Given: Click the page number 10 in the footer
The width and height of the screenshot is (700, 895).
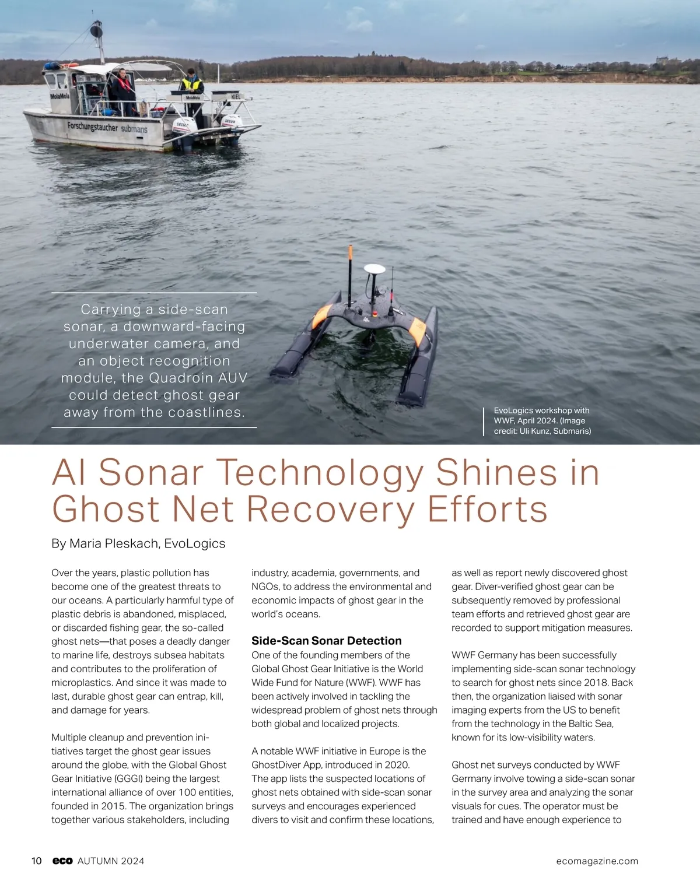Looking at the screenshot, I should [x=36, y=861].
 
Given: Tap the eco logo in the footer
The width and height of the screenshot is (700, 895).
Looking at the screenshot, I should [x=62, y=861].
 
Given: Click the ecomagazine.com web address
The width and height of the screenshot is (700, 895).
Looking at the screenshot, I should [x=597, y=861].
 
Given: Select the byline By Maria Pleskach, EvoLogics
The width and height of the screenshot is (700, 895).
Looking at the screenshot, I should [x=138, y=543].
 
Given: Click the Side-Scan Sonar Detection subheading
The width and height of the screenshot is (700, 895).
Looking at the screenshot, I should [x=326, y=640].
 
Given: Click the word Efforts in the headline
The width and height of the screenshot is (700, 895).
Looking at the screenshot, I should [x=487, y=508].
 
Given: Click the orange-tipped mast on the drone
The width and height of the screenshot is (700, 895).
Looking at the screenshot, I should [x=351, y=254].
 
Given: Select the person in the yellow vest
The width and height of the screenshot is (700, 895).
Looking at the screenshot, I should [x=191, y=83].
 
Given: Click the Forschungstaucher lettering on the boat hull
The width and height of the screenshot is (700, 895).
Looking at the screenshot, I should [x=92, y=126].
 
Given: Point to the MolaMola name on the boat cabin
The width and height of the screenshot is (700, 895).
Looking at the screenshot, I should [x=59, y=96].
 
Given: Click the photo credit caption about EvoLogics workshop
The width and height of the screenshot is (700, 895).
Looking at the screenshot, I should [x=542, y=420].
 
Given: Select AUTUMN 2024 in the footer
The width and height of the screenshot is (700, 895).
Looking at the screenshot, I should [x=111, y=861].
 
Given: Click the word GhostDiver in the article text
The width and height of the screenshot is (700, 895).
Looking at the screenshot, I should [x=276, y=764].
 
